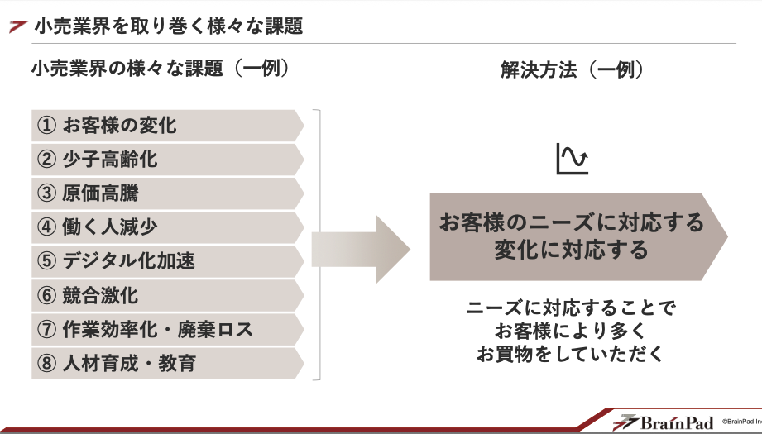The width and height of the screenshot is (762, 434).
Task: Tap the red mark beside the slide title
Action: pyautogui.click(x=18, y=27)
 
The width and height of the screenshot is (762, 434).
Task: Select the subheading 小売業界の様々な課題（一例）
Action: pyautogui.click(x=160, y=69)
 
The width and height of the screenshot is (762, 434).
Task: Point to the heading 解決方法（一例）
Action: pyautogui.click(x=572, y=70)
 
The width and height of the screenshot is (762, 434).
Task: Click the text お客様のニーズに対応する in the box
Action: pyautogui.click(x=571, y=222)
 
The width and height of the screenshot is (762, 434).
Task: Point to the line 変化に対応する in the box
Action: pyautogui.click(x=571, y=249)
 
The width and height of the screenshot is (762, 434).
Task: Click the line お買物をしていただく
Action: pyautogui.click(x=571, y=354)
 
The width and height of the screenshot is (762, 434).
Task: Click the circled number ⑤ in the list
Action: pyautogui.click(x=46, y=261)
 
